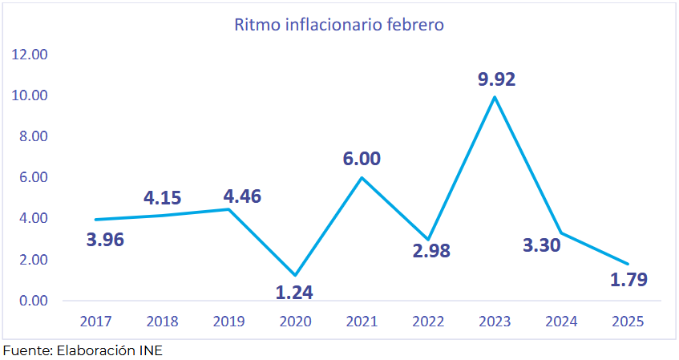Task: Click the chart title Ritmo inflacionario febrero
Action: [339, 24]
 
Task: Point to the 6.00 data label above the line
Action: [362, 159]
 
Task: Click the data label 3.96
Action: [105, 239]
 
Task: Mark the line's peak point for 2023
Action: [495, 97]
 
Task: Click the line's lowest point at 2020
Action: [296, 275]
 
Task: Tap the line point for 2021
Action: [362, 177]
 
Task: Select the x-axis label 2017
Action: [96, 322]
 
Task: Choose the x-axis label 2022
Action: [429, 322]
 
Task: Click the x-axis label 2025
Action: [628, 322]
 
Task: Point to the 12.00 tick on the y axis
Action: [30, 55]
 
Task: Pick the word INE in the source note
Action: [149, 351]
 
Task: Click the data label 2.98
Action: [431, 250]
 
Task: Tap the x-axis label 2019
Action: [229, 322]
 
